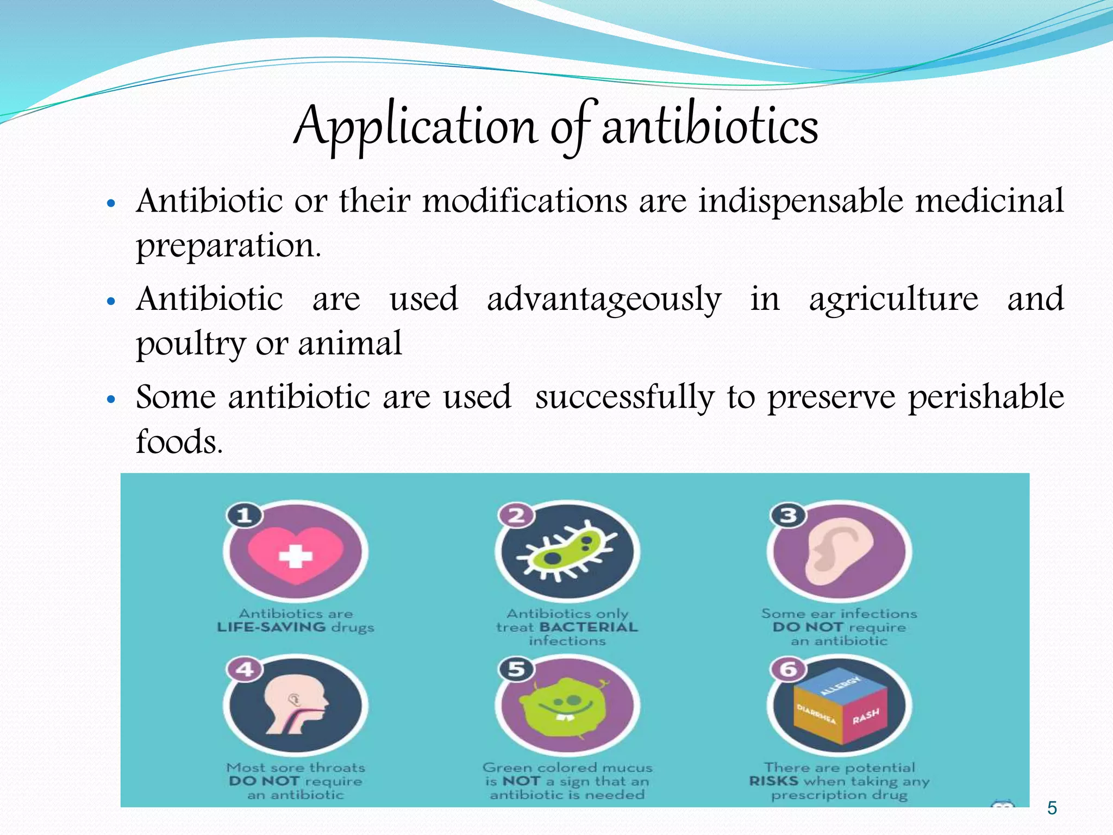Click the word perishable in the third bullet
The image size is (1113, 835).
(x=986, y=397)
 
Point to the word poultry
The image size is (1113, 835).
(x=191, y=344)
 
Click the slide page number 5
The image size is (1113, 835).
(x=1052, y=808)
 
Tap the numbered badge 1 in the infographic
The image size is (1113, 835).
(x=245, y=515)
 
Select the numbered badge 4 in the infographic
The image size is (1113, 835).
(x=245, y=669)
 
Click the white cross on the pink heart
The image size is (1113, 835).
(x=295, y=556)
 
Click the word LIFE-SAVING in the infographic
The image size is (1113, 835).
(x=271, y=627)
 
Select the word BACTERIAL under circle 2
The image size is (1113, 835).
(x=589, y=627)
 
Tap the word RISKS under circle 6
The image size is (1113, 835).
(x=773, y=781)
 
